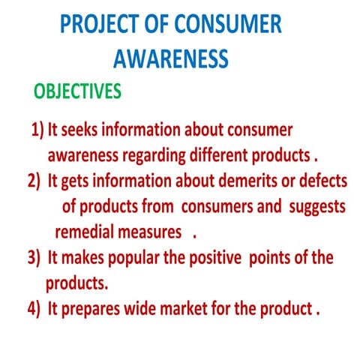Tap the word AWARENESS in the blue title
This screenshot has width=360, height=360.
pyautogui.click(x=170, y=58)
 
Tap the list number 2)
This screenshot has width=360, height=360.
pyautogui.click(x=34, y=181)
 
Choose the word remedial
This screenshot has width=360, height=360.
pyautogui.click(x=83, y=232)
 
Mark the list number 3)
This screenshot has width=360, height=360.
pyautogui.click(x=34, y=258)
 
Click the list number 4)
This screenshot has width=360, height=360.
pyautogui.click(x=34, y=309)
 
